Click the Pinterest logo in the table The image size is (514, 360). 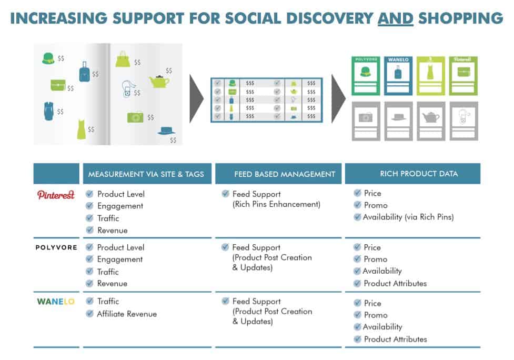point(56,195)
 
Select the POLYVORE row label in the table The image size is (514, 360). point(56,247)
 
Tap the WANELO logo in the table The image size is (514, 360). point(56,302)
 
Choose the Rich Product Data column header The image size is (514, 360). point(412,174)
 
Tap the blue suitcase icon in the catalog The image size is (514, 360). point(84,72)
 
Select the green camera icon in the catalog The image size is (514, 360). point(135,117)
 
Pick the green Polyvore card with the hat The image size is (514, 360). point(366,75)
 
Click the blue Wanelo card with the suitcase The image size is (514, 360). point(398,75)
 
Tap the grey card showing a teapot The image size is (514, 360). point(431,121)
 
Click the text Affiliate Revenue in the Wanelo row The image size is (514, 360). point(127,314)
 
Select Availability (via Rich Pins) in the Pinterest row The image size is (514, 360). point(408,217)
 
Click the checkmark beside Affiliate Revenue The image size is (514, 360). point(89,314)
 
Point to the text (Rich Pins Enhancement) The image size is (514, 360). point(276,204)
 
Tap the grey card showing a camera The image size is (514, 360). point(366,121)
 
